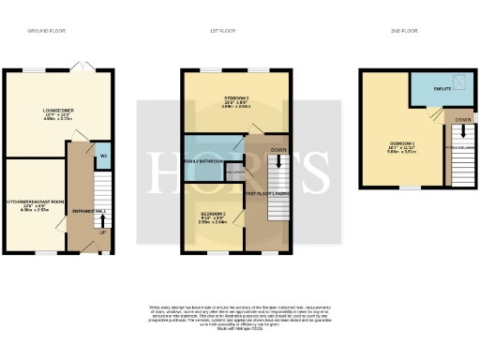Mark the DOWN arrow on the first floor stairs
(x=278, y=150)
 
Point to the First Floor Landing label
(x=264, y=194)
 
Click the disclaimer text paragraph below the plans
(x=239, y=316)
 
